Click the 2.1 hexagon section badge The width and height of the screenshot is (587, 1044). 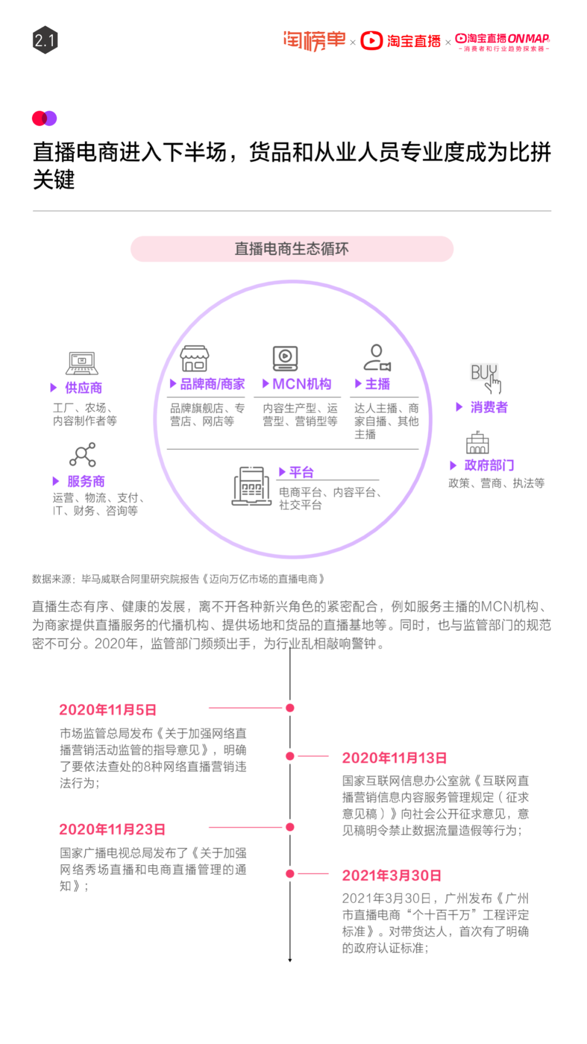45,40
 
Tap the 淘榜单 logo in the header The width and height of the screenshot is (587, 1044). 314,40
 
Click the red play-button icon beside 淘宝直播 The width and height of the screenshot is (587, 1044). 372,40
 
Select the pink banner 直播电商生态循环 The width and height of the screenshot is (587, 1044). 292,249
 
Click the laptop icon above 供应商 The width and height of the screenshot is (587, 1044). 82,363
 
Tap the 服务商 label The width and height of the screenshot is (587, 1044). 86,481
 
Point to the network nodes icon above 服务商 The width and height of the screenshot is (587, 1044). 83,455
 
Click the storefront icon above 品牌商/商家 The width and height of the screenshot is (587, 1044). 195,358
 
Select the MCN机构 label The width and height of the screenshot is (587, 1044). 302,384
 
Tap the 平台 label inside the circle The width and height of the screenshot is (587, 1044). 301,472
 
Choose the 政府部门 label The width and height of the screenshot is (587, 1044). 489,465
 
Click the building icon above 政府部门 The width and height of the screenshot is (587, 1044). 477,443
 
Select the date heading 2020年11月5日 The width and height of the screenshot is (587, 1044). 108,710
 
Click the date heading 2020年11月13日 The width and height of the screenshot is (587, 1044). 394,758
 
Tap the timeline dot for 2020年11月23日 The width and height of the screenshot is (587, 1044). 290,827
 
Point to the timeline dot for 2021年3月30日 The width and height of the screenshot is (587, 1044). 290,874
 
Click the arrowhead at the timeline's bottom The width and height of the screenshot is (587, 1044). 290,960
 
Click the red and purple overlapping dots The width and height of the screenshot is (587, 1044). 45,119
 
